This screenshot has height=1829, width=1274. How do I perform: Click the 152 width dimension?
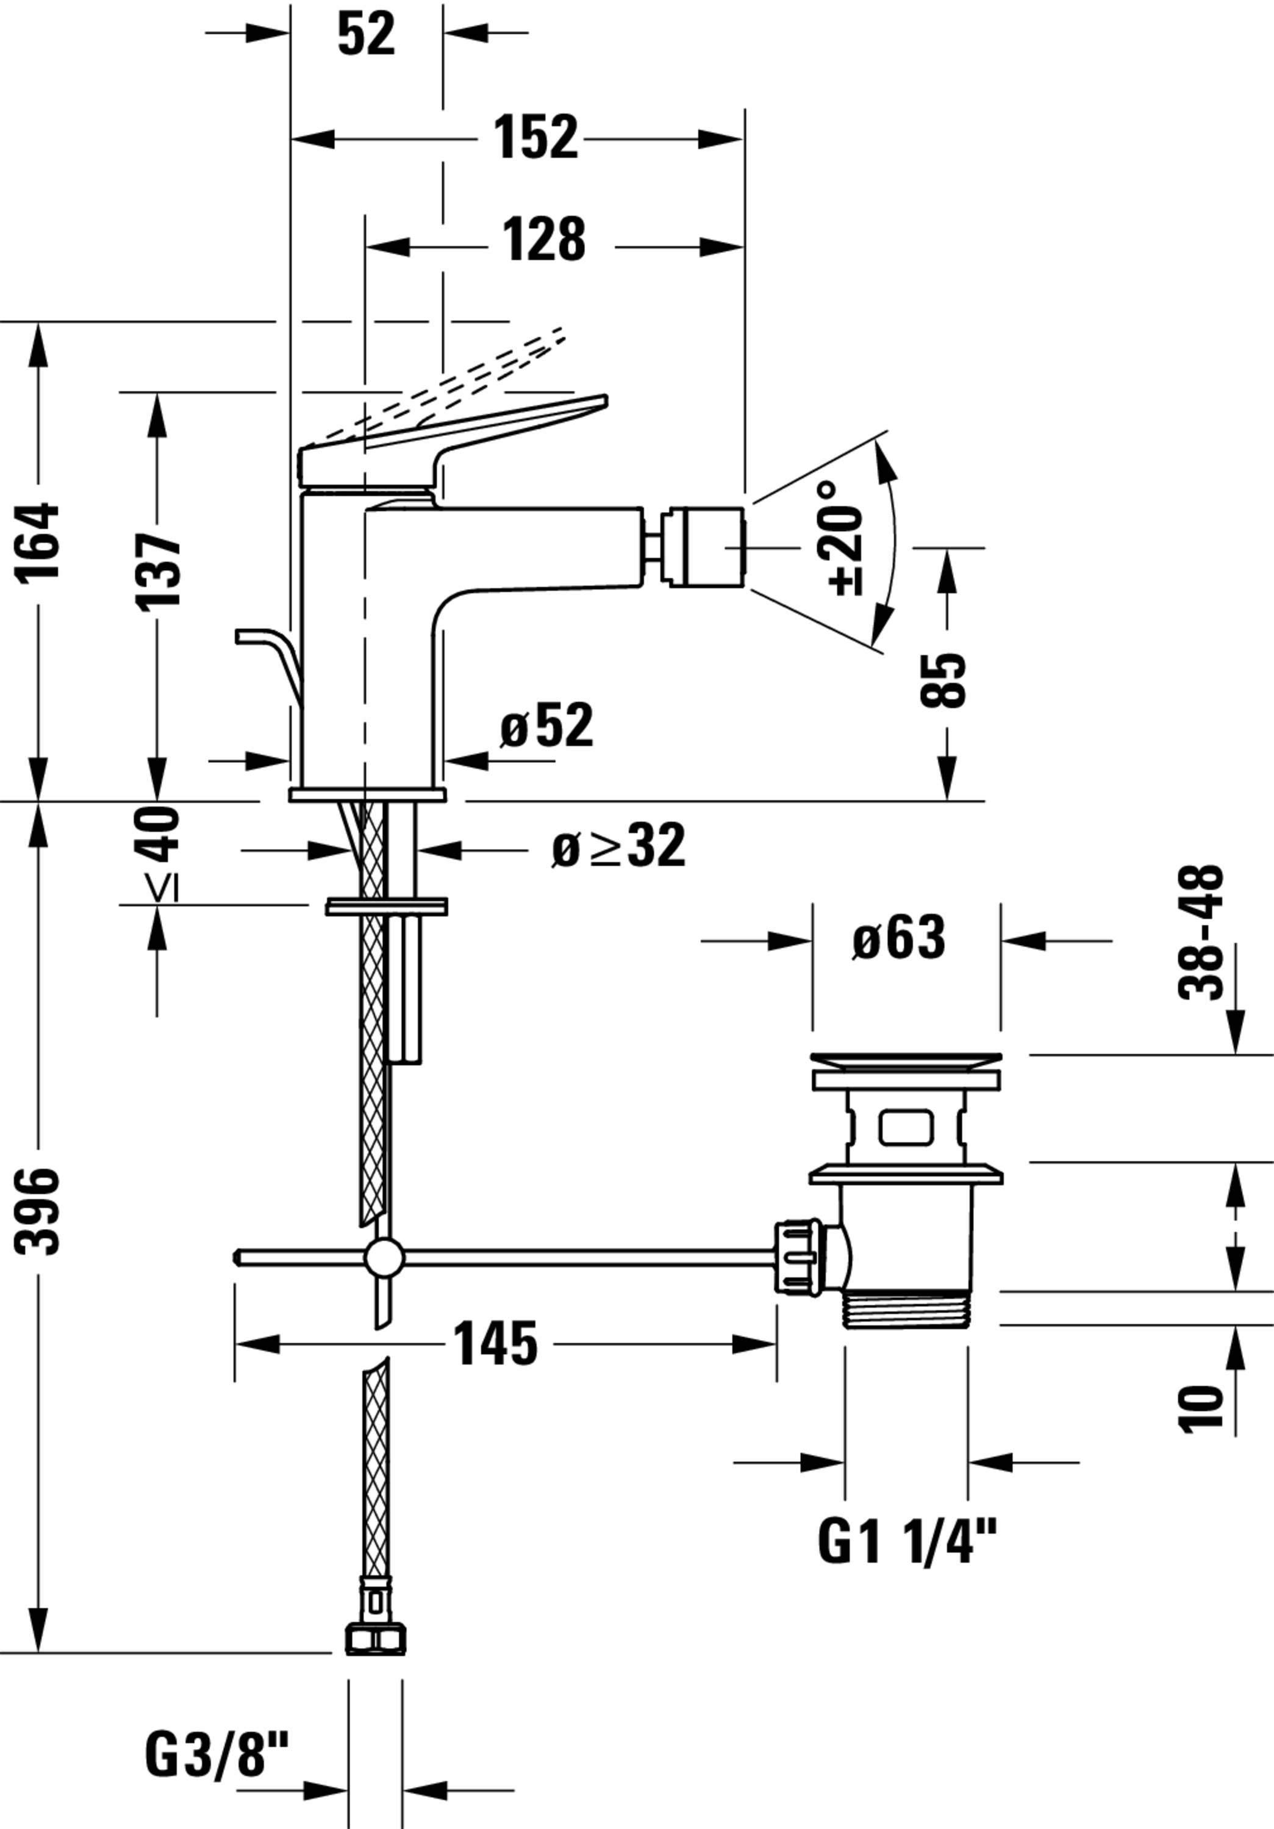[535, 138]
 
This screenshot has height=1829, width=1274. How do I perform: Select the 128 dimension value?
[544, 239]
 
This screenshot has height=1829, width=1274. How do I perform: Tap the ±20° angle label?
[845, 538]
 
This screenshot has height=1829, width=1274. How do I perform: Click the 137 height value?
[159, 572]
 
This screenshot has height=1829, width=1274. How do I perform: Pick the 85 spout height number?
[943, 680]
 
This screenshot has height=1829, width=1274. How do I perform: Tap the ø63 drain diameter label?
[899, 938]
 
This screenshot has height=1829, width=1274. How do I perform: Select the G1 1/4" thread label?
[907, 1541]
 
